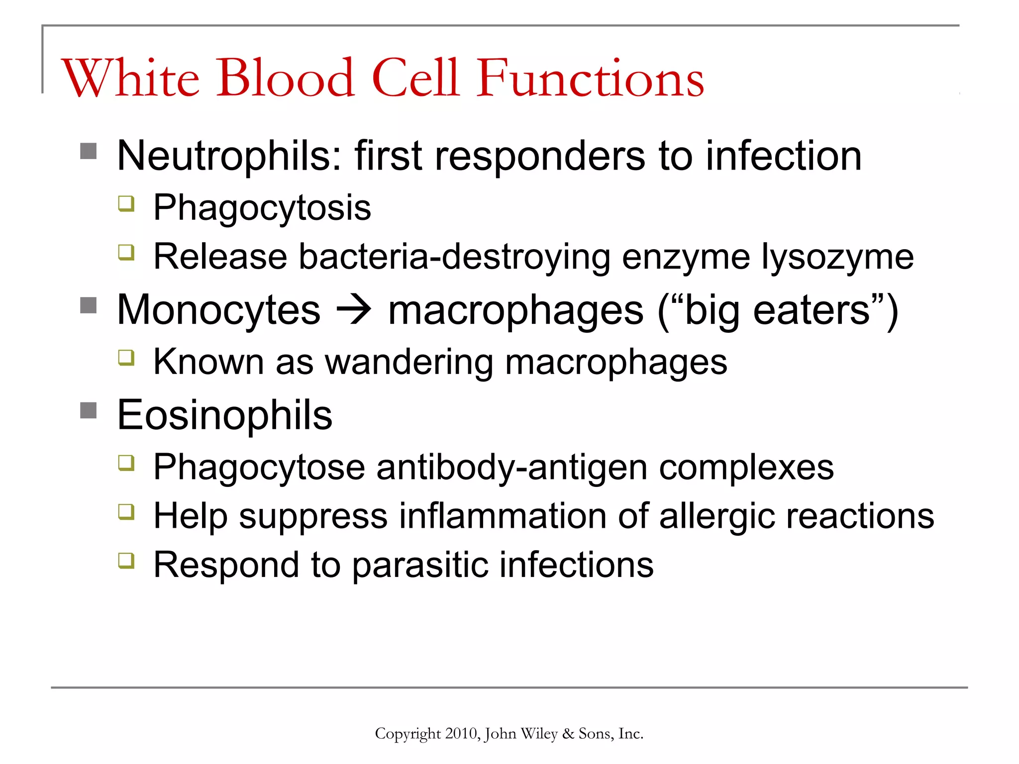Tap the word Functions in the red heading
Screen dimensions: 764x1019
(590, 78)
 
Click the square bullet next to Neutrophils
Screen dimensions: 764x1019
(89, 151)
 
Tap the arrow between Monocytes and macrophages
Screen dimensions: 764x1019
(354, 310)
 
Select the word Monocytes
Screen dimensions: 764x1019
(218, 310)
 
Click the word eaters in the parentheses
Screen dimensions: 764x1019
(812, 310)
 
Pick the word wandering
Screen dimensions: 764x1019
(409, 362)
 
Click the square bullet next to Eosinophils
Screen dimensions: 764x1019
(89, 411)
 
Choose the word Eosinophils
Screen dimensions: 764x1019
(224, 415)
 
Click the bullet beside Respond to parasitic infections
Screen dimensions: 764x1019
(126, 561)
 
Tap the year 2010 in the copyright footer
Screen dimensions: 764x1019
(461, 734)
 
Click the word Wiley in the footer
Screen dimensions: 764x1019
(539, 734)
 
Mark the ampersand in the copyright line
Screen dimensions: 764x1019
(568, 734)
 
